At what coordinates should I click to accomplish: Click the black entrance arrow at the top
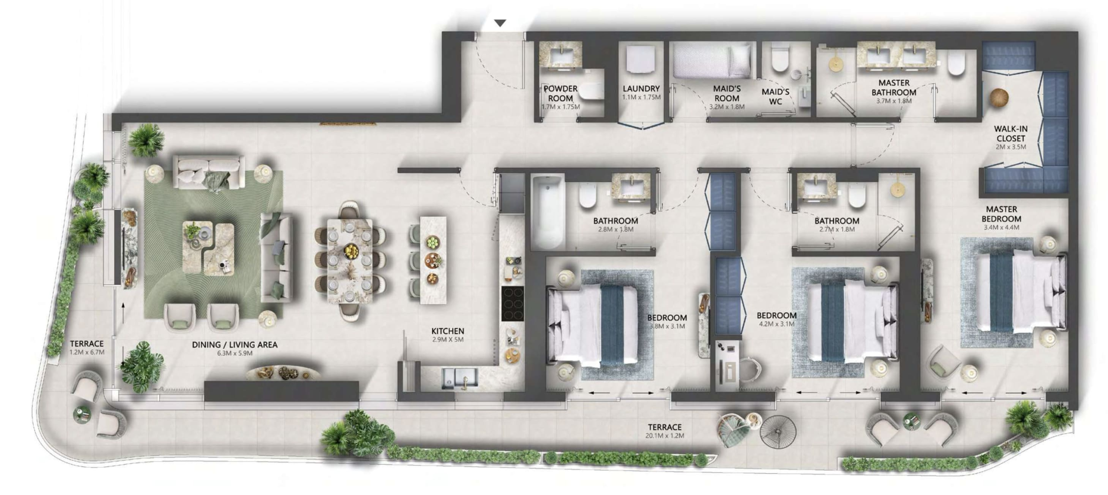(500, 23)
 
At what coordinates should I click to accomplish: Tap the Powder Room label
(560, 93)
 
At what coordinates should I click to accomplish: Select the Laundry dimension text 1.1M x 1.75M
(641, 97)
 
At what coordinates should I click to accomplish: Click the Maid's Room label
(727, 93)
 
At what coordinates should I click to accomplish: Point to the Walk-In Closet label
(1011, 133)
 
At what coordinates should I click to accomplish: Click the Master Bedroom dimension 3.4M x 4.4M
(1001, 228)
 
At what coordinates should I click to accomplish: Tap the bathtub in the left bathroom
(548, 211)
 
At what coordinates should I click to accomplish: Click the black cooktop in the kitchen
(512, 304)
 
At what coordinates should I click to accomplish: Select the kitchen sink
(460, 377)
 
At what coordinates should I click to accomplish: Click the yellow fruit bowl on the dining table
(351, 251)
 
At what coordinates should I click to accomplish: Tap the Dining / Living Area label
(235, 344)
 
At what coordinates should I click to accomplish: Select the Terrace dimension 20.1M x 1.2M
(664, 436)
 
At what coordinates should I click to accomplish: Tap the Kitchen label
(448, 331)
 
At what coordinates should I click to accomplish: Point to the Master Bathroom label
(894, 87)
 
